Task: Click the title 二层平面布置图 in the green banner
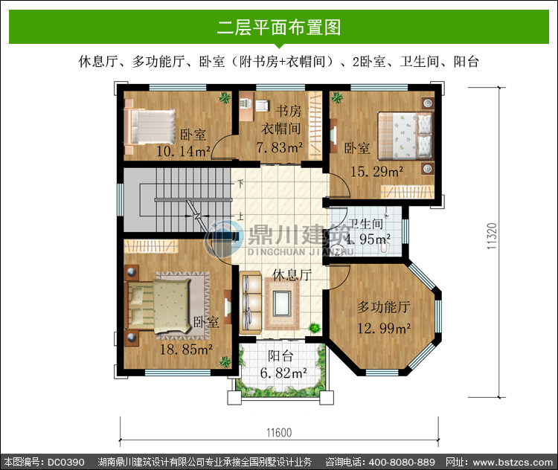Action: (279, 28)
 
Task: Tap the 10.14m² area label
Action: (183, 151)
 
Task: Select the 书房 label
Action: (289, 111)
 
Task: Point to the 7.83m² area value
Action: (280, 147)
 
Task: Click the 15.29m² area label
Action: (377, 172)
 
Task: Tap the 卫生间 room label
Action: (366, 224)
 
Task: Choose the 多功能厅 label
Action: (384, 307)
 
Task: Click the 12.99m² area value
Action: (384, 328)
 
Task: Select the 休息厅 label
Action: (292, 274)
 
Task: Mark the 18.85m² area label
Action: (186, 350)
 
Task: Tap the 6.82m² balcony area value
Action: (283, 373)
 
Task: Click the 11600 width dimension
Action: (279, 433)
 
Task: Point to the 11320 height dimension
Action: (492, 236)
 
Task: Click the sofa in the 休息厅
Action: (251, 303)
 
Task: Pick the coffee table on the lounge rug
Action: (282, 303)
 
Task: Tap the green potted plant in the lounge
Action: (314, 327)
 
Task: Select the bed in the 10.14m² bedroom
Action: (150, 126)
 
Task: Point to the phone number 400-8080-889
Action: (402, 462)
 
